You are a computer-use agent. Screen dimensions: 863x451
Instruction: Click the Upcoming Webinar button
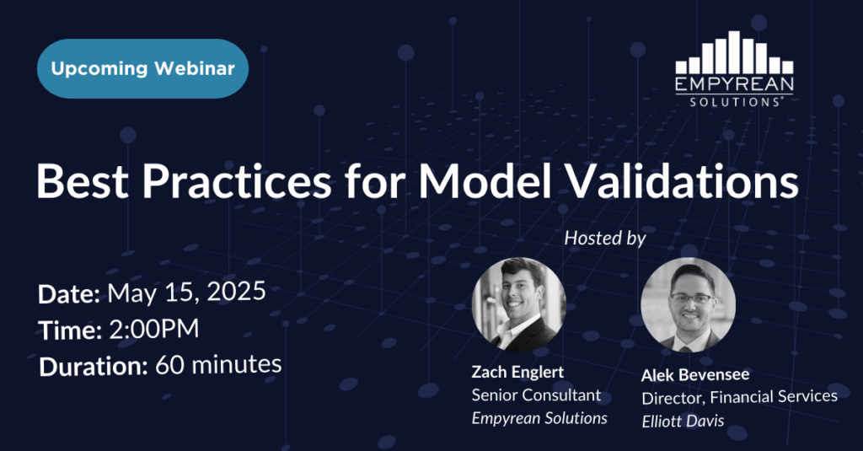tap(142, 69)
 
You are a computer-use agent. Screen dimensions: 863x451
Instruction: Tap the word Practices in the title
tap(237, 180)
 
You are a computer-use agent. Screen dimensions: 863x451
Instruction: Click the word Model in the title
tap(485, 180)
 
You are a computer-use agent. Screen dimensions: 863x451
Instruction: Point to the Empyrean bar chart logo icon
tap(734, 52)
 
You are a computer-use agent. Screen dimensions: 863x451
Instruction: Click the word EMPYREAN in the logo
tap(734, 84)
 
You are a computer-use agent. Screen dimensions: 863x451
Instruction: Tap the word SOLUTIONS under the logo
tap(734, 102)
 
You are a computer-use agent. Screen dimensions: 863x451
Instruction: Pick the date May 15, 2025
tap(186, 292)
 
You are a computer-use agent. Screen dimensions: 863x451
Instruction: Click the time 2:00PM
tap(154, 330)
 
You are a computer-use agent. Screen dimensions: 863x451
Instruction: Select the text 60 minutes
tap(218, 364)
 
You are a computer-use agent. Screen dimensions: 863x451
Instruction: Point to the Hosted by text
tap(605, 238)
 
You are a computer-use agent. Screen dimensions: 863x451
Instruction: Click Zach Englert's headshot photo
tap(518, 304)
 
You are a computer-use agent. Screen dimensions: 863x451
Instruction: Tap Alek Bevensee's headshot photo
tap(688, 305)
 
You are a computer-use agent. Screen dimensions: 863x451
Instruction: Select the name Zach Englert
tap(518, 373)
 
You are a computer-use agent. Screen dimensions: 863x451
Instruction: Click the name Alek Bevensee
tap(695, 375)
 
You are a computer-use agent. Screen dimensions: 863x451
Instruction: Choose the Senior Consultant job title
tap(536, 395)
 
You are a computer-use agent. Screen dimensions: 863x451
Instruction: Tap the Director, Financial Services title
tap(740, 397)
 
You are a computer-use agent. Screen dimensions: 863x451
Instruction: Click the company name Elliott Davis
tap(683, 421)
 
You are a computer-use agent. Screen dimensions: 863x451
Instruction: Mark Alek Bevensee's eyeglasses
tap(693, 298)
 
